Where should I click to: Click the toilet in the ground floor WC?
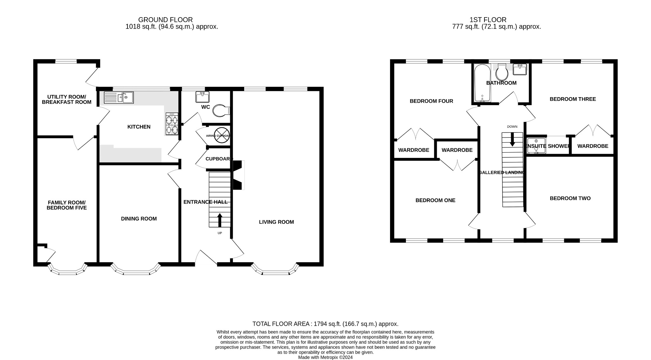[221, 111]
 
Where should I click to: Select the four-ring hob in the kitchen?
[172, 124]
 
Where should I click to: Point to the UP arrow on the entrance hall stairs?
[220, 220]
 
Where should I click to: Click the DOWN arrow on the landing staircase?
[512, 139]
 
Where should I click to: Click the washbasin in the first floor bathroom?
[520, 69]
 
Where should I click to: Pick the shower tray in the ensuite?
[536, 146]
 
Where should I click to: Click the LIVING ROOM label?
[276, 222]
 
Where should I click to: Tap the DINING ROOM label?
[139, 219]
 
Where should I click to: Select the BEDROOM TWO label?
[570, 198]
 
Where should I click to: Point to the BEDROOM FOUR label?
[431, 101]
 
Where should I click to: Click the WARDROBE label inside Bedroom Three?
[593, 146]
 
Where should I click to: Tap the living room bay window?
[275, 270]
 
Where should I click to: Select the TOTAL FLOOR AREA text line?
[325, 324]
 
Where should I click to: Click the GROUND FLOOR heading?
[165, 20]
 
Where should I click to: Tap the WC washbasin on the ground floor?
[202, 97]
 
